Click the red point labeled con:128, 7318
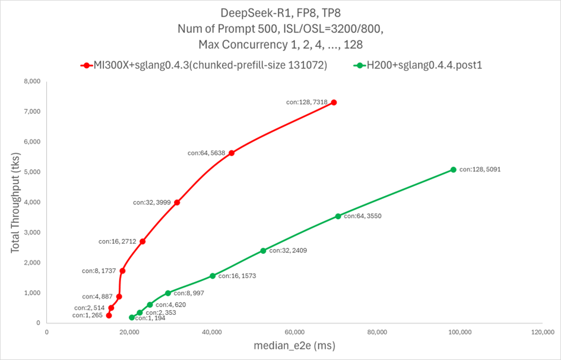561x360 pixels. point(334,102)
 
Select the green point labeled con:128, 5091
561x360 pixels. point(454,169)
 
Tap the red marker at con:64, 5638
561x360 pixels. point(232,153)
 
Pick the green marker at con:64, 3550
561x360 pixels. point(338,216)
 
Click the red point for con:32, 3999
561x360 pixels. point(177,203)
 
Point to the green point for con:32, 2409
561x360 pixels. point(263,251)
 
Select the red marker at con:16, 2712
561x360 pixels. point(142,241)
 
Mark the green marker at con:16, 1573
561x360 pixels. point(213,276)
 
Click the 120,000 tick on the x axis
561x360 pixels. point(543,332)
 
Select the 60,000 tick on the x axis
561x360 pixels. point(295,332)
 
